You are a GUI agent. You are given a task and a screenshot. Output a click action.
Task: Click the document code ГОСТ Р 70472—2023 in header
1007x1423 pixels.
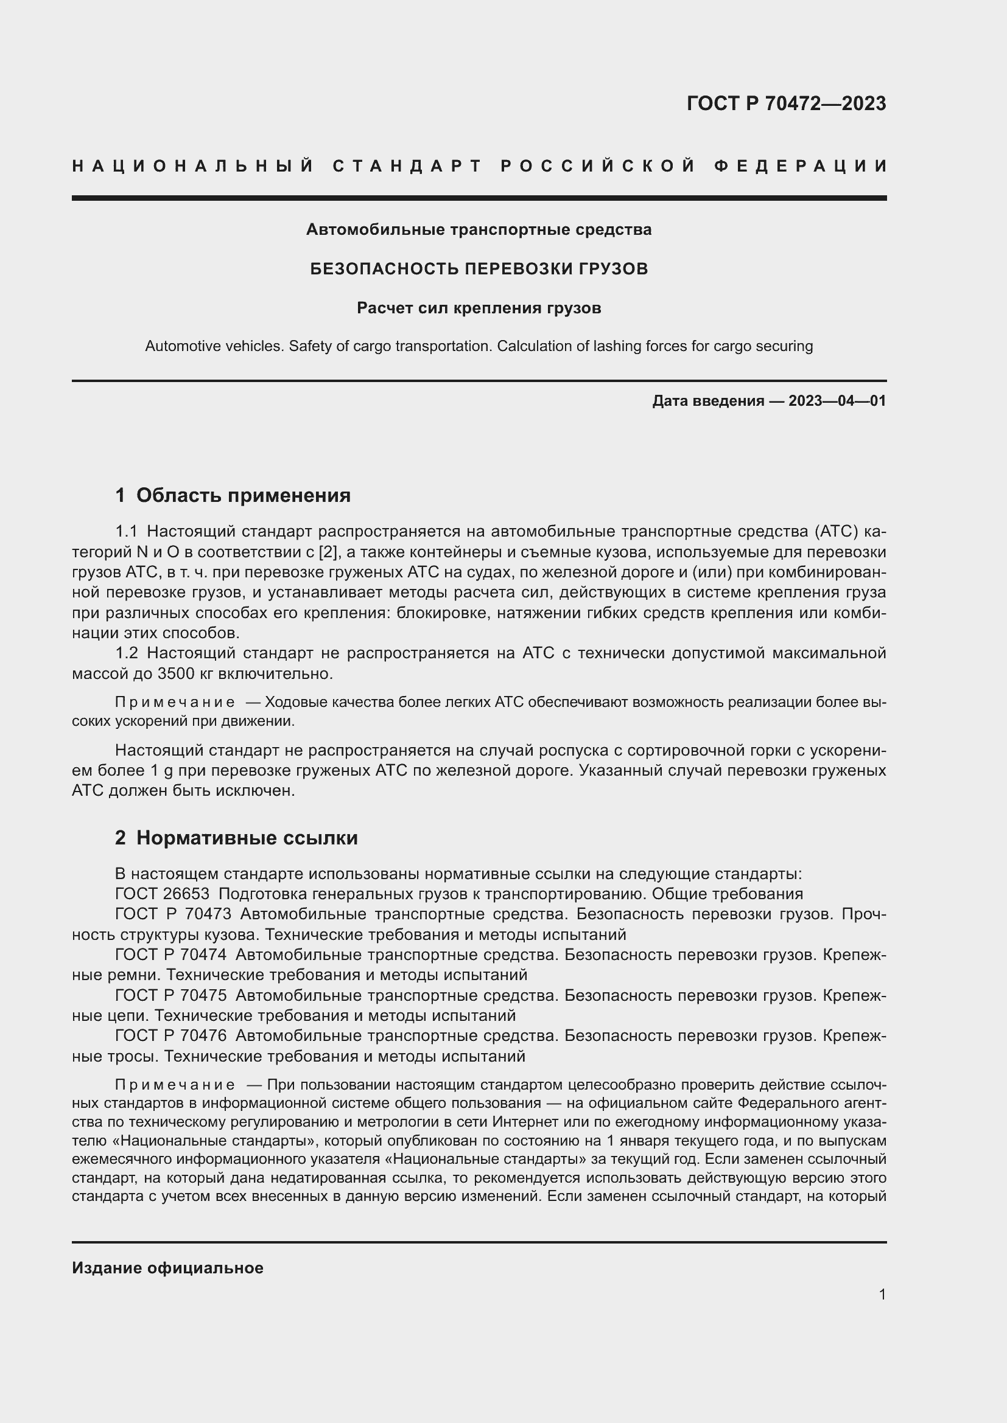tap(785, 103)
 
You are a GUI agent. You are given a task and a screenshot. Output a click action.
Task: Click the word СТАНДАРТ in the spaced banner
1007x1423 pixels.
tap(407, 166)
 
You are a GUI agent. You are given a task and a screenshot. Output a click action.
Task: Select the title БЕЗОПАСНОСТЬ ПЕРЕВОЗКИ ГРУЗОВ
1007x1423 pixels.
tap(479, 269)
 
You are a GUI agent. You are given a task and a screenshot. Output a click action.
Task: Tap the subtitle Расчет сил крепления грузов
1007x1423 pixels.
tap(479, 308)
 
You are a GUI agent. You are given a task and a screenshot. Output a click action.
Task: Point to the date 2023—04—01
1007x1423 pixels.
tap(837, 401)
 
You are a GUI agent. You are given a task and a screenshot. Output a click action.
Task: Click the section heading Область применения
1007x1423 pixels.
tap(243, 495)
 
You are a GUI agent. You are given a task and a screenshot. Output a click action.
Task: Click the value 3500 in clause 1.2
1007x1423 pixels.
tap(178, 673)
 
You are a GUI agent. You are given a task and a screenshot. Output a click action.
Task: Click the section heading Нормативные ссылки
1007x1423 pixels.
tap(247, 838)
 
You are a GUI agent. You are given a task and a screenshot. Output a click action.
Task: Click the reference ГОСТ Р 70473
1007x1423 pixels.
tap(173, 914)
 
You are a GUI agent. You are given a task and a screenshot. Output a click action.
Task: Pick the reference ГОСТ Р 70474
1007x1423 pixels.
tap(170, 955)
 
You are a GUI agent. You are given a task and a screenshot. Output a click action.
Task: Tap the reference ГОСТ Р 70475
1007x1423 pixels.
tap(170, 995)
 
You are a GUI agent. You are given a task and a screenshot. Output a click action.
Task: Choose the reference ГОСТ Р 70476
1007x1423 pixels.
tap(170, 1035)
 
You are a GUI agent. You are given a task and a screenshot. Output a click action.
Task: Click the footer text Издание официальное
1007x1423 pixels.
tap(167, 1268)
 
